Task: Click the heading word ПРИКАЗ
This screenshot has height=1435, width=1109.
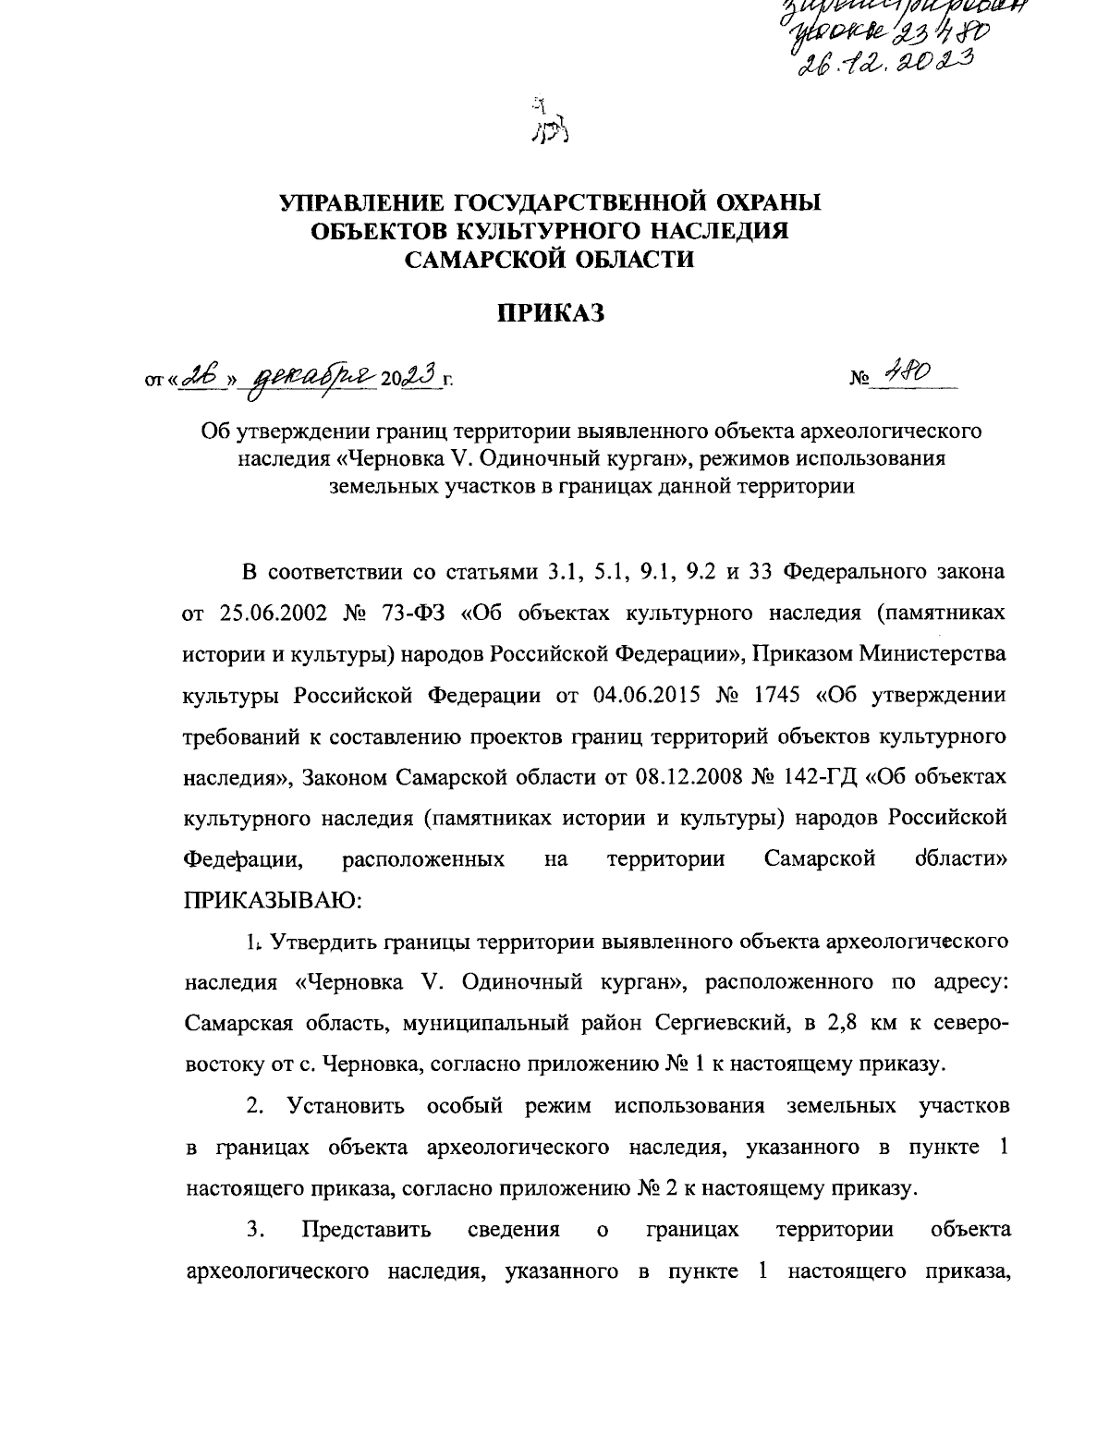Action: [x=552, y=314]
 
